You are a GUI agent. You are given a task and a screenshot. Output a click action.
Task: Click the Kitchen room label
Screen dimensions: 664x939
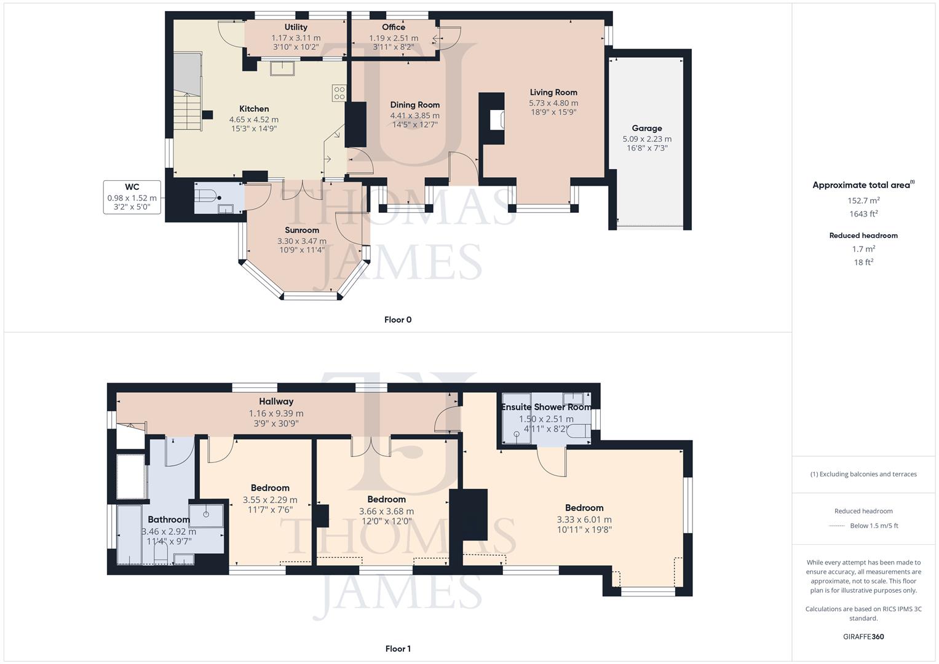coord(254,109)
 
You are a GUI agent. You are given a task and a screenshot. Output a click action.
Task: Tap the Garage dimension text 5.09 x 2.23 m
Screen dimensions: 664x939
coord(647,139)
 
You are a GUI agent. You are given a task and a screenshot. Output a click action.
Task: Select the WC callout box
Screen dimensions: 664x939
coord(132,197)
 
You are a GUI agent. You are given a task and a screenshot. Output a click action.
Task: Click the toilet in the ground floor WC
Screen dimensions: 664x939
coord(207,197)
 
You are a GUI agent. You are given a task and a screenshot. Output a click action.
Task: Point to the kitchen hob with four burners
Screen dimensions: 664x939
coord(339,93)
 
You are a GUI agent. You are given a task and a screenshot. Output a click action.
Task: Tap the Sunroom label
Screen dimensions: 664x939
coord(302,230)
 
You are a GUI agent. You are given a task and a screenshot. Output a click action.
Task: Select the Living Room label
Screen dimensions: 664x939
coord(553,92)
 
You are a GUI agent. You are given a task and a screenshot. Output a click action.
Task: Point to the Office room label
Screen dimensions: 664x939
coord(394,27)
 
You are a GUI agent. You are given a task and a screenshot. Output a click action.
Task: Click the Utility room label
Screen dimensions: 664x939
coord(296,27)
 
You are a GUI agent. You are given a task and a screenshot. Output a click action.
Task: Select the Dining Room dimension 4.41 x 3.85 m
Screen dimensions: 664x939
coord(414,116)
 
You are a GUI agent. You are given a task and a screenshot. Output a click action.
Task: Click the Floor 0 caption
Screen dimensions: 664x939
coord(398,320)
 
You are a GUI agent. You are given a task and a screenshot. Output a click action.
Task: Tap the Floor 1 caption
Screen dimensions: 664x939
coord(398,649)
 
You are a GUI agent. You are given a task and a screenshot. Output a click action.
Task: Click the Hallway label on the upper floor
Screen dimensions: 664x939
coord(276,401)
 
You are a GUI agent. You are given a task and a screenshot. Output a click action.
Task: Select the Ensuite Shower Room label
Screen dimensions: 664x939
coord(546,407)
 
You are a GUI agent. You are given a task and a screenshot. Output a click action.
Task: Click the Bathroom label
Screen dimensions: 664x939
coord(168,520)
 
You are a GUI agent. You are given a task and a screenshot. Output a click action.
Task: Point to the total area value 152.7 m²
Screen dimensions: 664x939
coord(863,200)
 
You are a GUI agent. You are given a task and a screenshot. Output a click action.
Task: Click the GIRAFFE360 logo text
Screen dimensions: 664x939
coord(863,636)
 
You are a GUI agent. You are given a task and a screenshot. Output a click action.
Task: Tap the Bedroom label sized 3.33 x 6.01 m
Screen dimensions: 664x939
coord(584,508)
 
